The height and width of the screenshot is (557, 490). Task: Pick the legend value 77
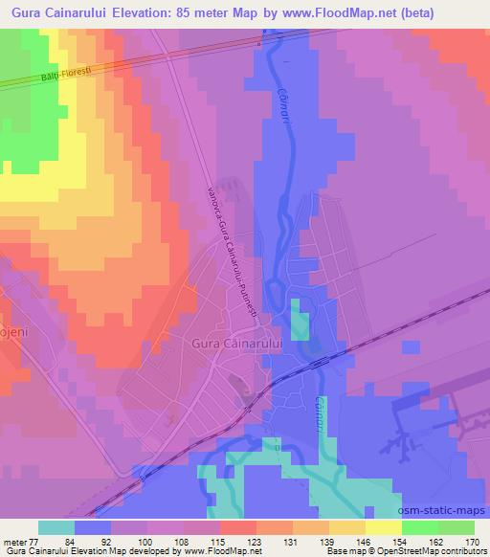pos(37,541)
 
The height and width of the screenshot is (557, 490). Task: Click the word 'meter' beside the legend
pos(15,541)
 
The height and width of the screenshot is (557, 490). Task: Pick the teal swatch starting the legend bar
pos(56,527)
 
